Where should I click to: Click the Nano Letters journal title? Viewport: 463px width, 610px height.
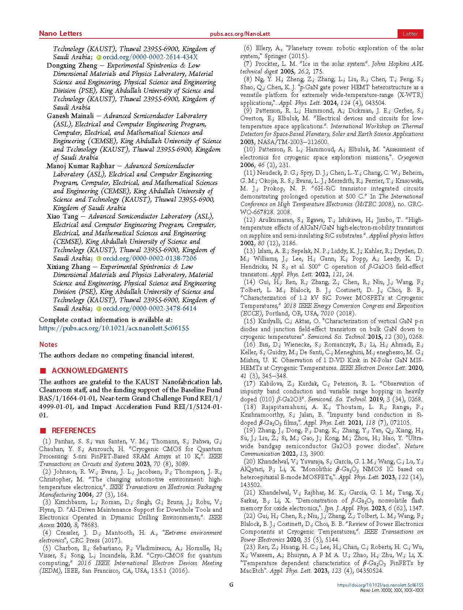pos(60,34)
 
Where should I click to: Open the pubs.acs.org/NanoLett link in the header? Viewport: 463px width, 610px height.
pos(240,34)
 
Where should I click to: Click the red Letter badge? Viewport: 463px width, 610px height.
pos(410,34)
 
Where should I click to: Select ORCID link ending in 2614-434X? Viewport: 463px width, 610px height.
pos(150,57)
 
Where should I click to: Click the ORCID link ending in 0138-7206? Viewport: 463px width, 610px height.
pos(149,258)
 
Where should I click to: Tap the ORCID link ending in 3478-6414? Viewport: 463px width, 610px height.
pos(149,308)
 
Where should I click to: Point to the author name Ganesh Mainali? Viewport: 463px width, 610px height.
pos(70,116)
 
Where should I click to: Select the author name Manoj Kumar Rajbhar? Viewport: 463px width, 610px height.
pos(80,166)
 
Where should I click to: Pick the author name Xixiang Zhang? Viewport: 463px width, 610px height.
pos(68,267)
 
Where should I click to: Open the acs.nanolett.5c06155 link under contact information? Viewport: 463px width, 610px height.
pos(114,328)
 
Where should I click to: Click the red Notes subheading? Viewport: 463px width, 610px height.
pos(48,344)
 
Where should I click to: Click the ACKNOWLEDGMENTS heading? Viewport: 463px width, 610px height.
pos(90,371)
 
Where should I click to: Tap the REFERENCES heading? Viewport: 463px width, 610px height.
pos(74,431)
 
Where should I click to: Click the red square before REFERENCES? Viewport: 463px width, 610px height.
pos(43,431)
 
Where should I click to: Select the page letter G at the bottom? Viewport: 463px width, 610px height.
pos(231,585)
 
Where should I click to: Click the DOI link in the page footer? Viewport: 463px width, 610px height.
pos(380,585)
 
